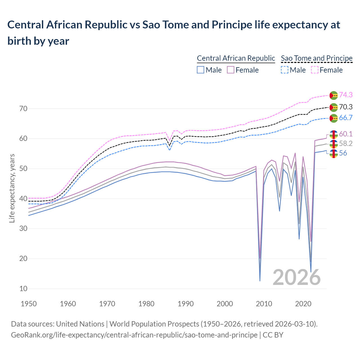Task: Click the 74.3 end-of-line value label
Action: [x=346, y=95]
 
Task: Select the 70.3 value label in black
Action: [x=346, y=107]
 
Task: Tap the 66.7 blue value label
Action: [x=346, y=118]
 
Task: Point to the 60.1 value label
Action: [x=346, y=134]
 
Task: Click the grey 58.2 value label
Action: [x=346, y=144]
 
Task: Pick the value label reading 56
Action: [x=343, y=153]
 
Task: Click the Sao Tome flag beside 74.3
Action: [x=334, y=95]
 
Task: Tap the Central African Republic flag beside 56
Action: [x=334, y=154]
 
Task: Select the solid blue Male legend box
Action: [x=201, y=70]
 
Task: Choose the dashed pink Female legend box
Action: [x=315, y=70]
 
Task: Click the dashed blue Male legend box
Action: [x=285, y=70]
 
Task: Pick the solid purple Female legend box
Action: [x=231, y=70]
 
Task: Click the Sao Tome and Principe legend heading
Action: [x=317, y=58]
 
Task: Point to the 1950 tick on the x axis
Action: [x=29, y=304]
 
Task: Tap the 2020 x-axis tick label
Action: [x=303, y=304]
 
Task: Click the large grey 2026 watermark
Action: [x=296, y=277]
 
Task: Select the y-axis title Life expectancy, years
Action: [x=12, y=188]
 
